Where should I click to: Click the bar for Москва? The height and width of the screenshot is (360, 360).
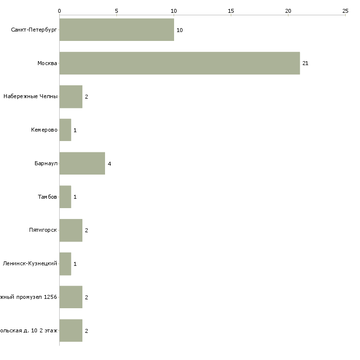(180, 63)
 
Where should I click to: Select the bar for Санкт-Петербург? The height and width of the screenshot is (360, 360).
(116, 30)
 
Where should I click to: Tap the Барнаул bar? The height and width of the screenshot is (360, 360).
(82, 163)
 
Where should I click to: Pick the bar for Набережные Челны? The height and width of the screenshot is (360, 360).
(71, 97)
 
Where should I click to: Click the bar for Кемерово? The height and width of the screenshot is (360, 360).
(65, 130)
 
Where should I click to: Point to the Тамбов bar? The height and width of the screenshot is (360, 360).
(65, 197)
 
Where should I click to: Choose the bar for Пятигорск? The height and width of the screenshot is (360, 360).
(71, 230)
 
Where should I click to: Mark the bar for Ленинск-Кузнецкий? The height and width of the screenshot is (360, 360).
(65, 264)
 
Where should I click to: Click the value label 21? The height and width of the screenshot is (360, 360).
(305, 63)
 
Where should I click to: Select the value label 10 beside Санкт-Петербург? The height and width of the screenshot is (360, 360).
(180, 30)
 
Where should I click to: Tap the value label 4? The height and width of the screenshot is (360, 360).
(109, 164)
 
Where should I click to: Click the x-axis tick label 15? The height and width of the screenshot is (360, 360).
(231, 10)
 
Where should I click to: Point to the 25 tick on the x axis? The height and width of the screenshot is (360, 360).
(345, 10)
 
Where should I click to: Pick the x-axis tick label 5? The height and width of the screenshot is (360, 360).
(116, 10)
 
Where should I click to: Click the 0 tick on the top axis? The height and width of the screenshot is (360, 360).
(59, 10)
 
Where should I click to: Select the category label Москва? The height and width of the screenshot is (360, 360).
(47, 63)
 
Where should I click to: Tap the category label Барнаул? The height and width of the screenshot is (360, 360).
(46, 164)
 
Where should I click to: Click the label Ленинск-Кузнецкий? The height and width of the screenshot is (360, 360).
(30, 264)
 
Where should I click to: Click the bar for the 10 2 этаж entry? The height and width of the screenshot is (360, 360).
(71, 330)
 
